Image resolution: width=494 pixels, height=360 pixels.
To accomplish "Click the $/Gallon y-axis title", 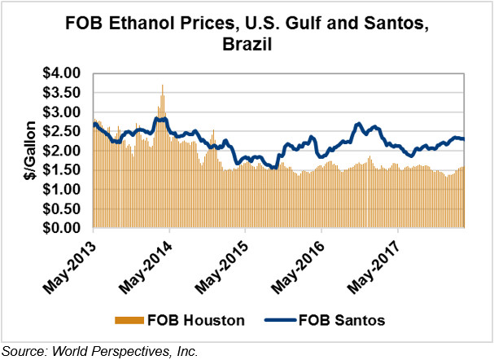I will coord(28,151).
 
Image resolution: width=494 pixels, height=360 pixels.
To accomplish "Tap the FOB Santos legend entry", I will coord(335,320).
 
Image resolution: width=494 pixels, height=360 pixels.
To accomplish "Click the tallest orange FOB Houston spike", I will coord(163,87).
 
